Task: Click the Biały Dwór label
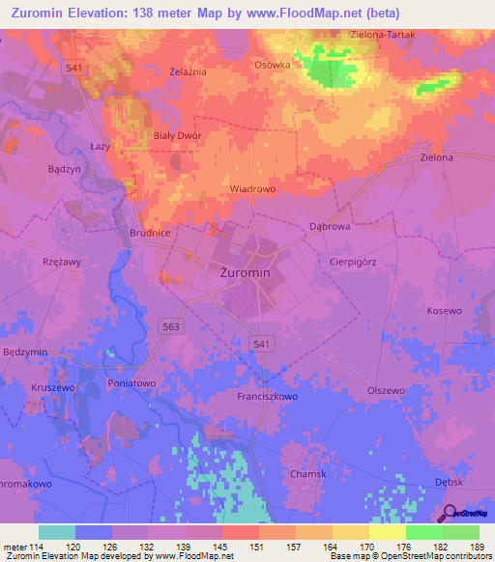point(178,136)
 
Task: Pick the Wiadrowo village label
point(252,189)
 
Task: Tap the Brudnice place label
point(150,234)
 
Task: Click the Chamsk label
point(308,474)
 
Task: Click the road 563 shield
point(171,327)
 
